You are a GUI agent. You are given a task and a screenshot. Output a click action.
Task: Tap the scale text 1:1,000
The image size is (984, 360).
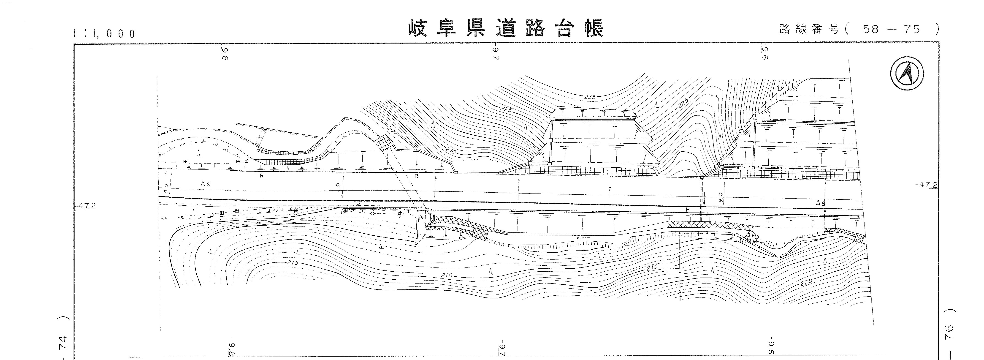pyautogui.click(x=104, y=34)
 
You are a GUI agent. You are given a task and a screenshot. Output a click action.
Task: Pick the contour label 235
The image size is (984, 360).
pyautogui.click(x=590, y=97)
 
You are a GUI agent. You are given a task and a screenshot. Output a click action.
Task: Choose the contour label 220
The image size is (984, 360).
pyautogui.click(x=806, y=282)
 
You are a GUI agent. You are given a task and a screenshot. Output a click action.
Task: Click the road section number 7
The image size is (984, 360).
pyautogui.click(x=610, y=189)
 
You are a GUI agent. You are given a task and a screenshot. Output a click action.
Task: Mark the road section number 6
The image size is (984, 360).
pyautogui.click(x=338, y=185)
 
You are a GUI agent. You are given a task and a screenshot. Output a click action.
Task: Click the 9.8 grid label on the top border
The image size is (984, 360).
pyautogui.click(x=224, y=54)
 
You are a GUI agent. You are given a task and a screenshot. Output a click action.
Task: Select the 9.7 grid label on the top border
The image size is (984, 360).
pyautogui.click(x=496, y=54)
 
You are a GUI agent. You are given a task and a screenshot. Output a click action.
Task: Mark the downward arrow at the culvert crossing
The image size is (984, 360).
pyautogui.click(x=704, y=200)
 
